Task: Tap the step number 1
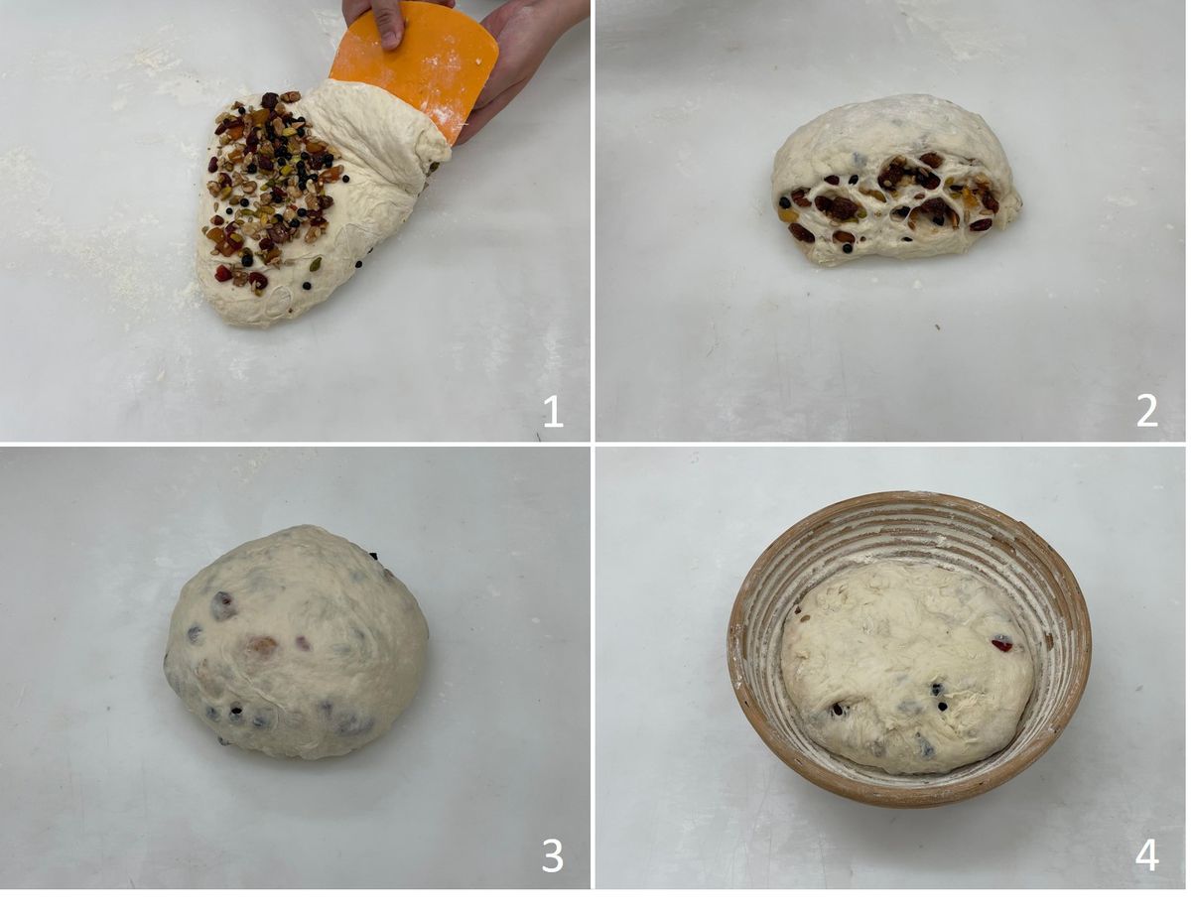point(553,412)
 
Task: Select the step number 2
point(1147,412)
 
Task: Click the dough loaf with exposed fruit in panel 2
point(896,181)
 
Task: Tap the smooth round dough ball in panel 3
point(296,644)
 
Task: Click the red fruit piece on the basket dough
point(1001,644)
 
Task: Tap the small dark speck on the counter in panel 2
point(937,327)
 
